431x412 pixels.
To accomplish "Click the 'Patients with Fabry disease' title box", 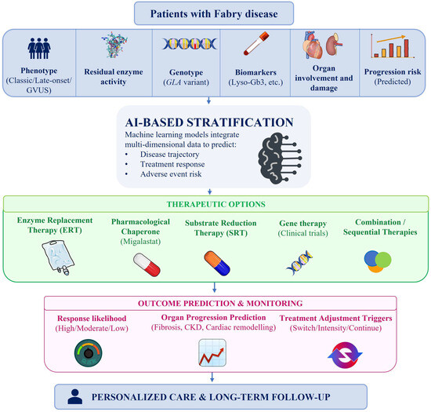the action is (x=214, y=13).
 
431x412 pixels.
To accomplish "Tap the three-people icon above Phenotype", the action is (x=39, y=48).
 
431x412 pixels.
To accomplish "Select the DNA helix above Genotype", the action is (x=190, y=44).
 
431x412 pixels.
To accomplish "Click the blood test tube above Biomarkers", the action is (x=256, y=43).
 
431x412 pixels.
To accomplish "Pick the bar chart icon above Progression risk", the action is (x=393, y=46).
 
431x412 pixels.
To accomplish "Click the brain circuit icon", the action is (x=280, y=159).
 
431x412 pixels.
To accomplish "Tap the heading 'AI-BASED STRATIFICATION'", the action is (x=209, y=122).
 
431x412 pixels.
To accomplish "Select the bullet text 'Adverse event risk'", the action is (x=171, y=174).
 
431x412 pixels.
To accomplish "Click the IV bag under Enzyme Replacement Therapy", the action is (x=58, y=257).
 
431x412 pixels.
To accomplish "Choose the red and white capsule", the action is (x=147, y=264).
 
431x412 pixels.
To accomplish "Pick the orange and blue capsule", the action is (x=217, y=263).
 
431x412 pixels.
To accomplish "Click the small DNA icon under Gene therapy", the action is (x=299, y=262).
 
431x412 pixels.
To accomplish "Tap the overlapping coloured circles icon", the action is (x=378, y=261).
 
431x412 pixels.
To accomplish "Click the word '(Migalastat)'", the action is (x=140, y=242).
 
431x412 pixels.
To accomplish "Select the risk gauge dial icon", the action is (x=89, y=353).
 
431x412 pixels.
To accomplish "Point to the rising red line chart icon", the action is (x=212, y=352).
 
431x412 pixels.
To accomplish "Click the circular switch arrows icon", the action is (x=346, y=355).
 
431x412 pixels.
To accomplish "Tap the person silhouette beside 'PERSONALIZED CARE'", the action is (x=74, y=396).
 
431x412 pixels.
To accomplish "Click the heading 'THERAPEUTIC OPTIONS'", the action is (x=216, y=204).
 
